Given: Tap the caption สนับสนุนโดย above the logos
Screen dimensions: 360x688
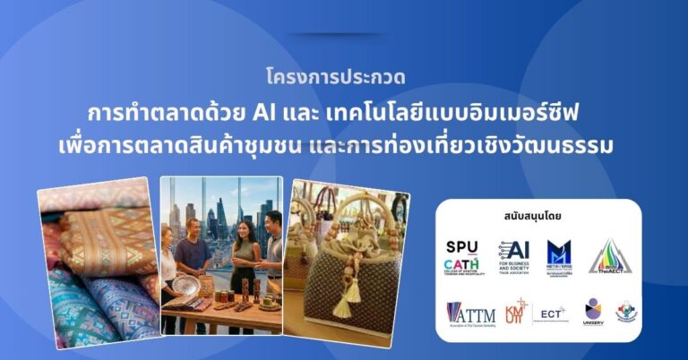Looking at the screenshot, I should coord(538,218).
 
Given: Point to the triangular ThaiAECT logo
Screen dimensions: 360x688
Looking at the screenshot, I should coord(610,257).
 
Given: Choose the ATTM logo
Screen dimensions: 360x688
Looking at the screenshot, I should coord(470,313).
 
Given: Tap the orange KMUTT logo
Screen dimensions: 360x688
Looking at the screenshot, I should coord(514,312).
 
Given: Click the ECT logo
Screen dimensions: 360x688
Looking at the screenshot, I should coord(551,313).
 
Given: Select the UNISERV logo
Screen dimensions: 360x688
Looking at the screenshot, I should coord(593,312).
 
